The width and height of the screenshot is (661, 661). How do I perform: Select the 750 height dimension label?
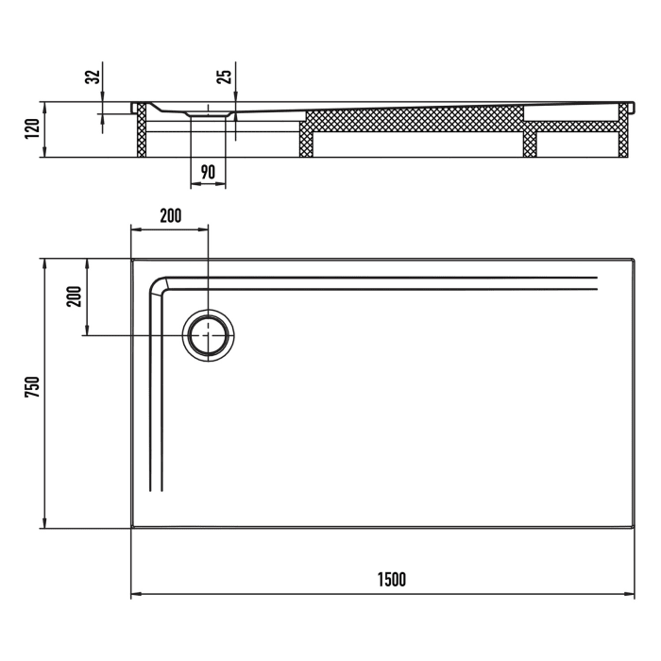coord(30,391)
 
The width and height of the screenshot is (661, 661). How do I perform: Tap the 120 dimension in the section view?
coord(31,128)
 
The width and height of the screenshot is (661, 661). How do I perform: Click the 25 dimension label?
coord(224,76)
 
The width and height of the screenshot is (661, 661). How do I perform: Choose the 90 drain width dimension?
coord(208,173)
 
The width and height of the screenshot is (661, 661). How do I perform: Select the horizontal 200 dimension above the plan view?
coord(170,215)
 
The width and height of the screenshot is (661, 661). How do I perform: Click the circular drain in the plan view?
coord(208,335)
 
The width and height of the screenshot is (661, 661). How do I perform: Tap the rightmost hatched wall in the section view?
coord(623,132)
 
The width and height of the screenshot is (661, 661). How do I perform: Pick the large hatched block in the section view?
coord(415,120)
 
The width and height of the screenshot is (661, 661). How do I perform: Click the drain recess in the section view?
coord(208,111)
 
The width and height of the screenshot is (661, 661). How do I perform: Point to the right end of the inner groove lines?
coord(596,282)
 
